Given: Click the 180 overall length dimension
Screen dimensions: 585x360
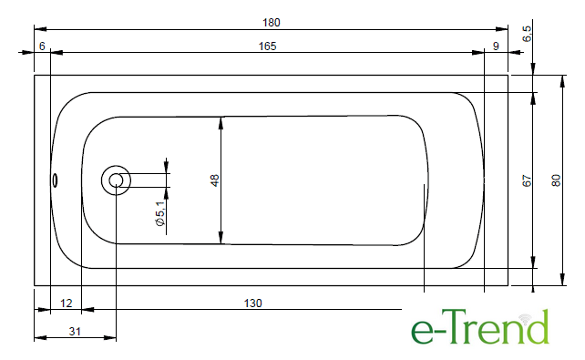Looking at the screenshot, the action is click(272, 23).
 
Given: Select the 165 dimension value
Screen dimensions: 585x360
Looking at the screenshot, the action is click(268, 46).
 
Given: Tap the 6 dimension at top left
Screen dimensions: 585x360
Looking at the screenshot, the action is click(42, 46).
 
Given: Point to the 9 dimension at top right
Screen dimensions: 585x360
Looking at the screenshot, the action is click(496, 46).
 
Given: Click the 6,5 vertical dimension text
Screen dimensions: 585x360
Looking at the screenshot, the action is click(527, 34).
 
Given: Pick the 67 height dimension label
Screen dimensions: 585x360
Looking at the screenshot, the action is click(527, 180).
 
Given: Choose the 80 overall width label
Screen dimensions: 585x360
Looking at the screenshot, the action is click(556, 180).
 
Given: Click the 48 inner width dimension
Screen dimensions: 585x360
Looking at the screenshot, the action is click(214, 180).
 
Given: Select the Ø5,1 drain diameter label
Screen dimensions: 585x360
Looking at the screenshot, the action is click(160, 213).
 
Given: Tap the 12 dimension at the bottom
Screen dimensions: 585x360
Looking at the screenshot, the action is click(66, 303).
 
